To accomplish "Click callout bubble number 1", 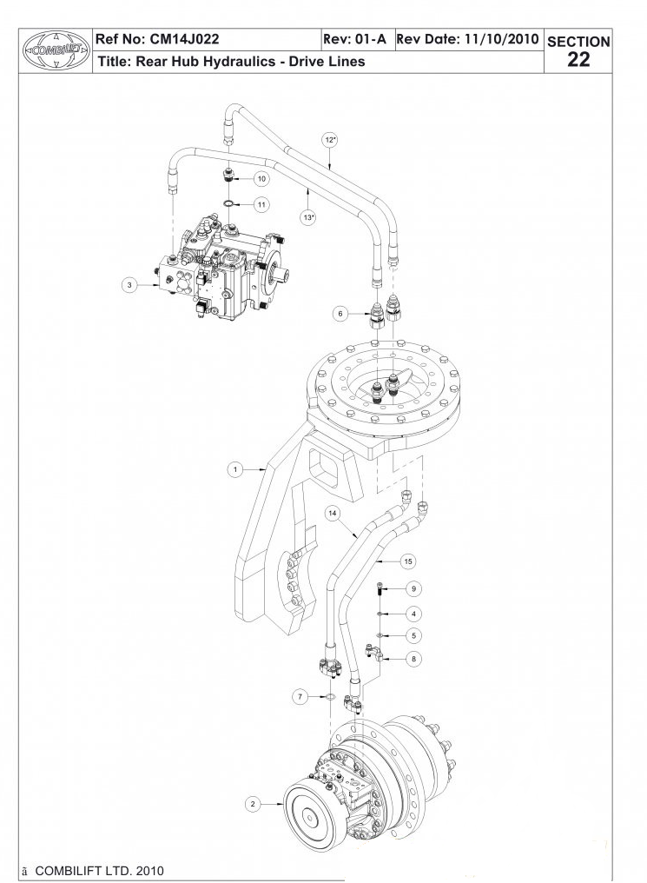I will [x=234, y=469].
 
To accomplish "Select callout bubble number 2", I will [x=253, y=804].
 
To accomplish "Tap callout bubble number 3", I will [x=129, y=284].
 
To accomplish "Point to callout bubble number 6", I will [x=340, y=313].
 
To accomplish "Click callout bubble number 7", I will [x=300, y=697].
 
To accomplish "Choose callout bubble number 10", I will [x=261, y=178].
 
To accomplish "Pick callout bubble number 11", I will [x=261, y=204].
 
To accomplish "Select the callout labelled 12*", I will [x=330, y=139].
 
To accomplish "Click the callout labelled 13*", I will [x=307, y=217].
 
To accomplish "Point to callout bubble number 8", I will [x=413, y=659].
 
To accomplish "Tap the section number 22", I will [x=578, y=59].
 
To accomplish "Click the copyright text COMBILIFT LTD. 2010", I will [x=98, y=871].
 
